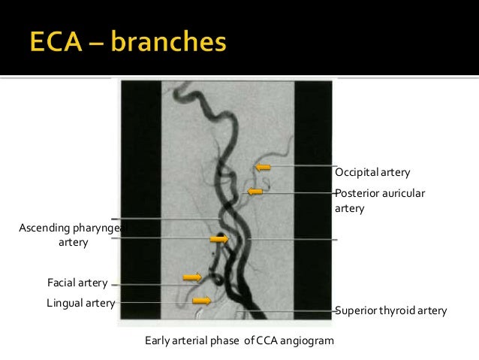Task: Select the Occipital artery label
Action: pyautogui.click(x=372, y=173)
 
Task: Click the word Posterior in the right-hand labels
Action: pyautogui.click(x=357, y=193)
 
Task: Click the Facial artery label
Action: pyautogui.click(x=77, y=283)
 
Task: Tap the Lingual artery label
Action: pyautogui.click(x=80, y=303)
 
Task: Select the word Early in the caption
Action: pyautogui.click(x=157, y=341)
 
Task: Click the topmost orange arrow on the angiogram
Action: pyautogui.click(x=262, y=167)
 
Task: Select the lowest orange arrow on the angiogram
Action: pyautogui.click(x=201, y=301)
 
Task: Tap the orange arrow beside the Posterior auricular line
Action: pyautogui.click(x=255, y=192)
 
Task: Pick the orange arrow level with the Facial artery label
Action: pyautogui.click(x=192, y=277)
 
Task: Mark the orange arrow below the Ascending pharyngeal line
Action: pyautogui.click(x=219, y=239)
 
